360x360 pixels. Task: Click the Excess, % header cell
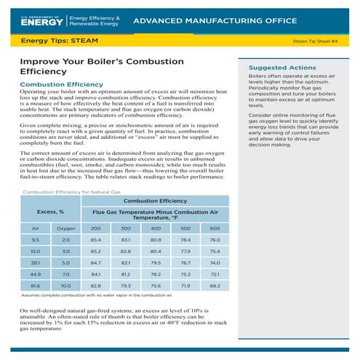[x=50, y=212]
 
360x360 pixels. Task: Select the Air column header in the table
[x=35, y=228]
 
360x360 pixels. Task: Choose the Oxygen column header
[x=65, y=228]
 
